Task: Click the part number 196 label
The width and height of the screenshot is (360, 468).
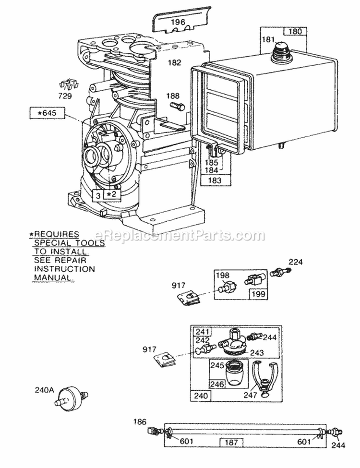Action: (179, 22)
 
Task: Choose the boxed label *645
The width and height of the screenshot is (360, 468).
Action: (47, 114)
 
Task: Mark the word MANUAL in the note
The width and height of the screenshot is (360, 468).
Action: (54, 278)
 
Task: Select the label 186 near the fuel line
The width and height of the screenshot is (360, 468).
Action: (140, 421)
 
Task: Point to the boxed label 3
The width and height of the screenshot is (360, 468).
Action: (97, 194)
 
